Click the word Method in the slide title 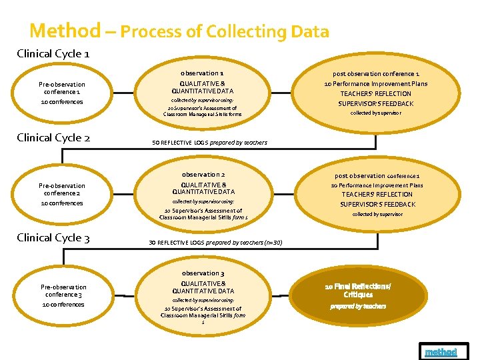click(x=65, y=31)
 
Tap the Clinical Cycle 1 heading click(x=53, y=54)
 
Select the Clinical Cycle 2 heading click(x=53, y=138)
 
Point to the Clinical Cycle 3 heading click(x=53, y=238)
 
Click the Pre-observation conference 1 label click(x=62, y=88)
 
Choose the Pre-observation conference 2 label click(x=62, y=189)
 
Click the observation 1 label click(x=202, y=73)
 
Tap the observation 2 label click(x=203, y=174)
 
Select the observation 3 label click(x=203, y=273)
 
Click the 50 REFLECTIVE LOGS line click(x=209, y=143)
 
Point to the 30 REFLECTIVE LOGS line click(x=217, y=242)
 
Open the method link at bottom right click(x=441, y=351)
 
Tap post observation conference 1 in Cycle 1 click(x=376, y=73)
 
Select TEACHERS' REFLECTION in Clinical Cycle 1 click(x=376, y=94)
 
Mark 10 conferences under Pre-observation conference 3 click(x=62, y=305)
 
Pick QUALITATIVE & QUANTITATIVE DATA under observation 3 click(x=203, y=287)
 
